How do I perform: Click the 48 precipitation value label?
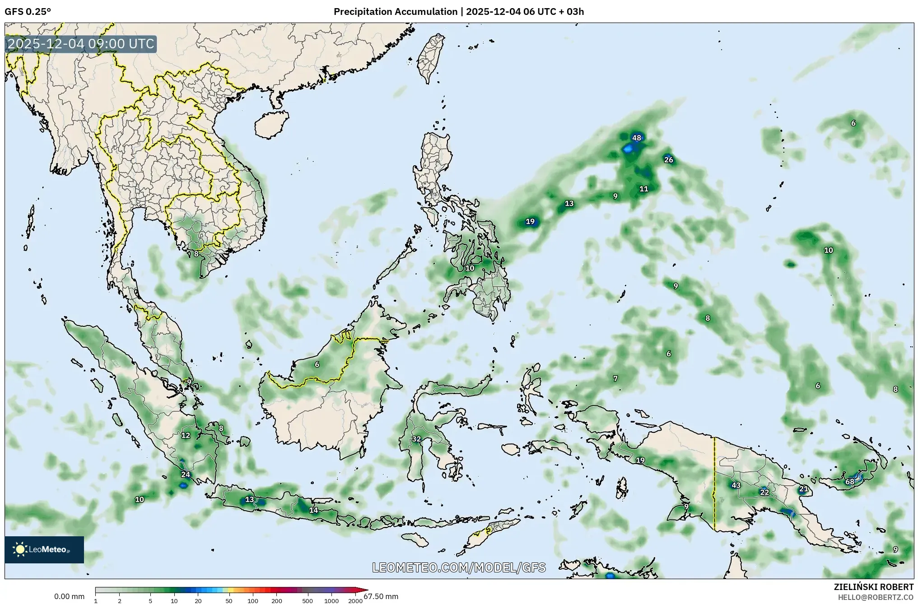636,138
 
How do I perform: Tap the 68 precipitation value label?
849,482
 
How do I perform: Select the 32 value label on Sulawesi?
416,439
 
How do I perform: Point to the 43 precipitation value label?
736,485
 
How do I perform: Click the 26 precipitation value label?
668,160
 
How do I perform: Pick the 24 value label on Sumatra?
186,474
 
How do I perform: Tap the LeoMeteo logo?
44,549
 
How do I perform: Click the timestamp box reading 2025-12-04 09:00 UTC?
81,44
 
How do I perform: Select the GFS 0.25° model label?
28,12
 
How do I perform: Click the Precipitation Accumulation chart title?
458,12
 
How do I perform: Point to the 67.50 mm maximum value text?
381,596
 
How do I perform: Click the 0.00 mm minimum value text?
69,596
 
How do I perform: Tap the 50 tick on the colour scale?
229,601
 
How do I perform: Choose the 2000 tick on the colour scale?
355,601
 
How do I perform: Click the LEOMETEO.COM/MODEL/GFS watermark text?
459,567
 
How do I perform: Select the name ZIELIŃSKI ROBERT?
873,587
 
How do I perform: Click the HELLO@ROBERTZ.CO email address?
876,597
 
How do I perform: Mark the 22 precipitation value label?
764,492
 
